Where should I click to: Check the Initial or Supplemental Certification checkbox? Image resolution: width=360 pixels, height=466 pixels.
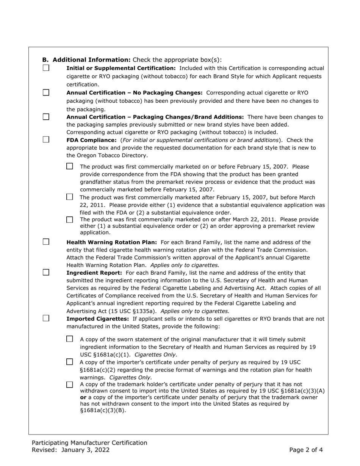(46, 68)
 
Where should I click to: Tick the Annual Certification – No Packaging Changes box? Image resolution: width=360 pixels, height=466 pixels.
(46, 92)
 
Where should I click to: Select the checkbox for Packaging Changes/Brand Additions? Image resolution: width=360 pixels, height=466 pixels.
(46, 117)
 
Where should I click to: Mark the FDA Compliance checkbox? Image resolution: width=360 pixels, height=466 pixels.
(46, 139)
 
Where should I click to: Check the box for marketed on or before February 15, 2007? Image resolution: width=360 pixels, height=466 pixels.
(69, 166)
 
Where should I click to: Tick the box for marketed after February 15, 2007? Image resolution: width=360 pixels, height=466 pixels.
(69, 197)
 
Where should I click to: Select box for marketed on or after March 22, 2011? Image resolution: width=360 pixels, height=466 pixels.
(69, 220)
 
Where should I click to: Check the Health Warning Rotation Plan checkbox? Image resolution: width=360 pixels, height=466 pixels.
(46, 242)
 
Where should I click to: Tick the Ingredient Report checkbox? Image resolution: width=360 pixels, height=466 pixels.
(46, 272)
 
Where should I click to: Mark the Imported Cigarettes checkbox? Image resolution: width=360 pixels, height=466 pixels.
(46, 318)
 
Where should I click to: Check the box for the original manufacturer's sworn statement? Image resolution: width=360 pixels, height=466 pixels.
(69, 339)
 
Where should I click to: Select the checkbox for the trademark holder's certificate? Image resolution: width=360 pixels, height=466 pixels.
(69, 385)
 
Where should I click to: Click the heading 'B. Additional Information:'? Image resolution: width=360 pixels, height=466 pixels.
(86, 60)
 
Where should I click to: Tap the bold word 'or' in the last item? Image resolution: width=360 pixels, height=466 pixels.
(83, 397)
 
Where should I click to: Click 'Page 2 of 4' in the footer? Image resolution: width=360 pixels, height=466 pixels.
(306, 450)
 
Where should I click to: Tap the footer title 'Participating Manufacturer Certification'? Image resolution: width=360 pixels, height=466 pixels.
(89, 443)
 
